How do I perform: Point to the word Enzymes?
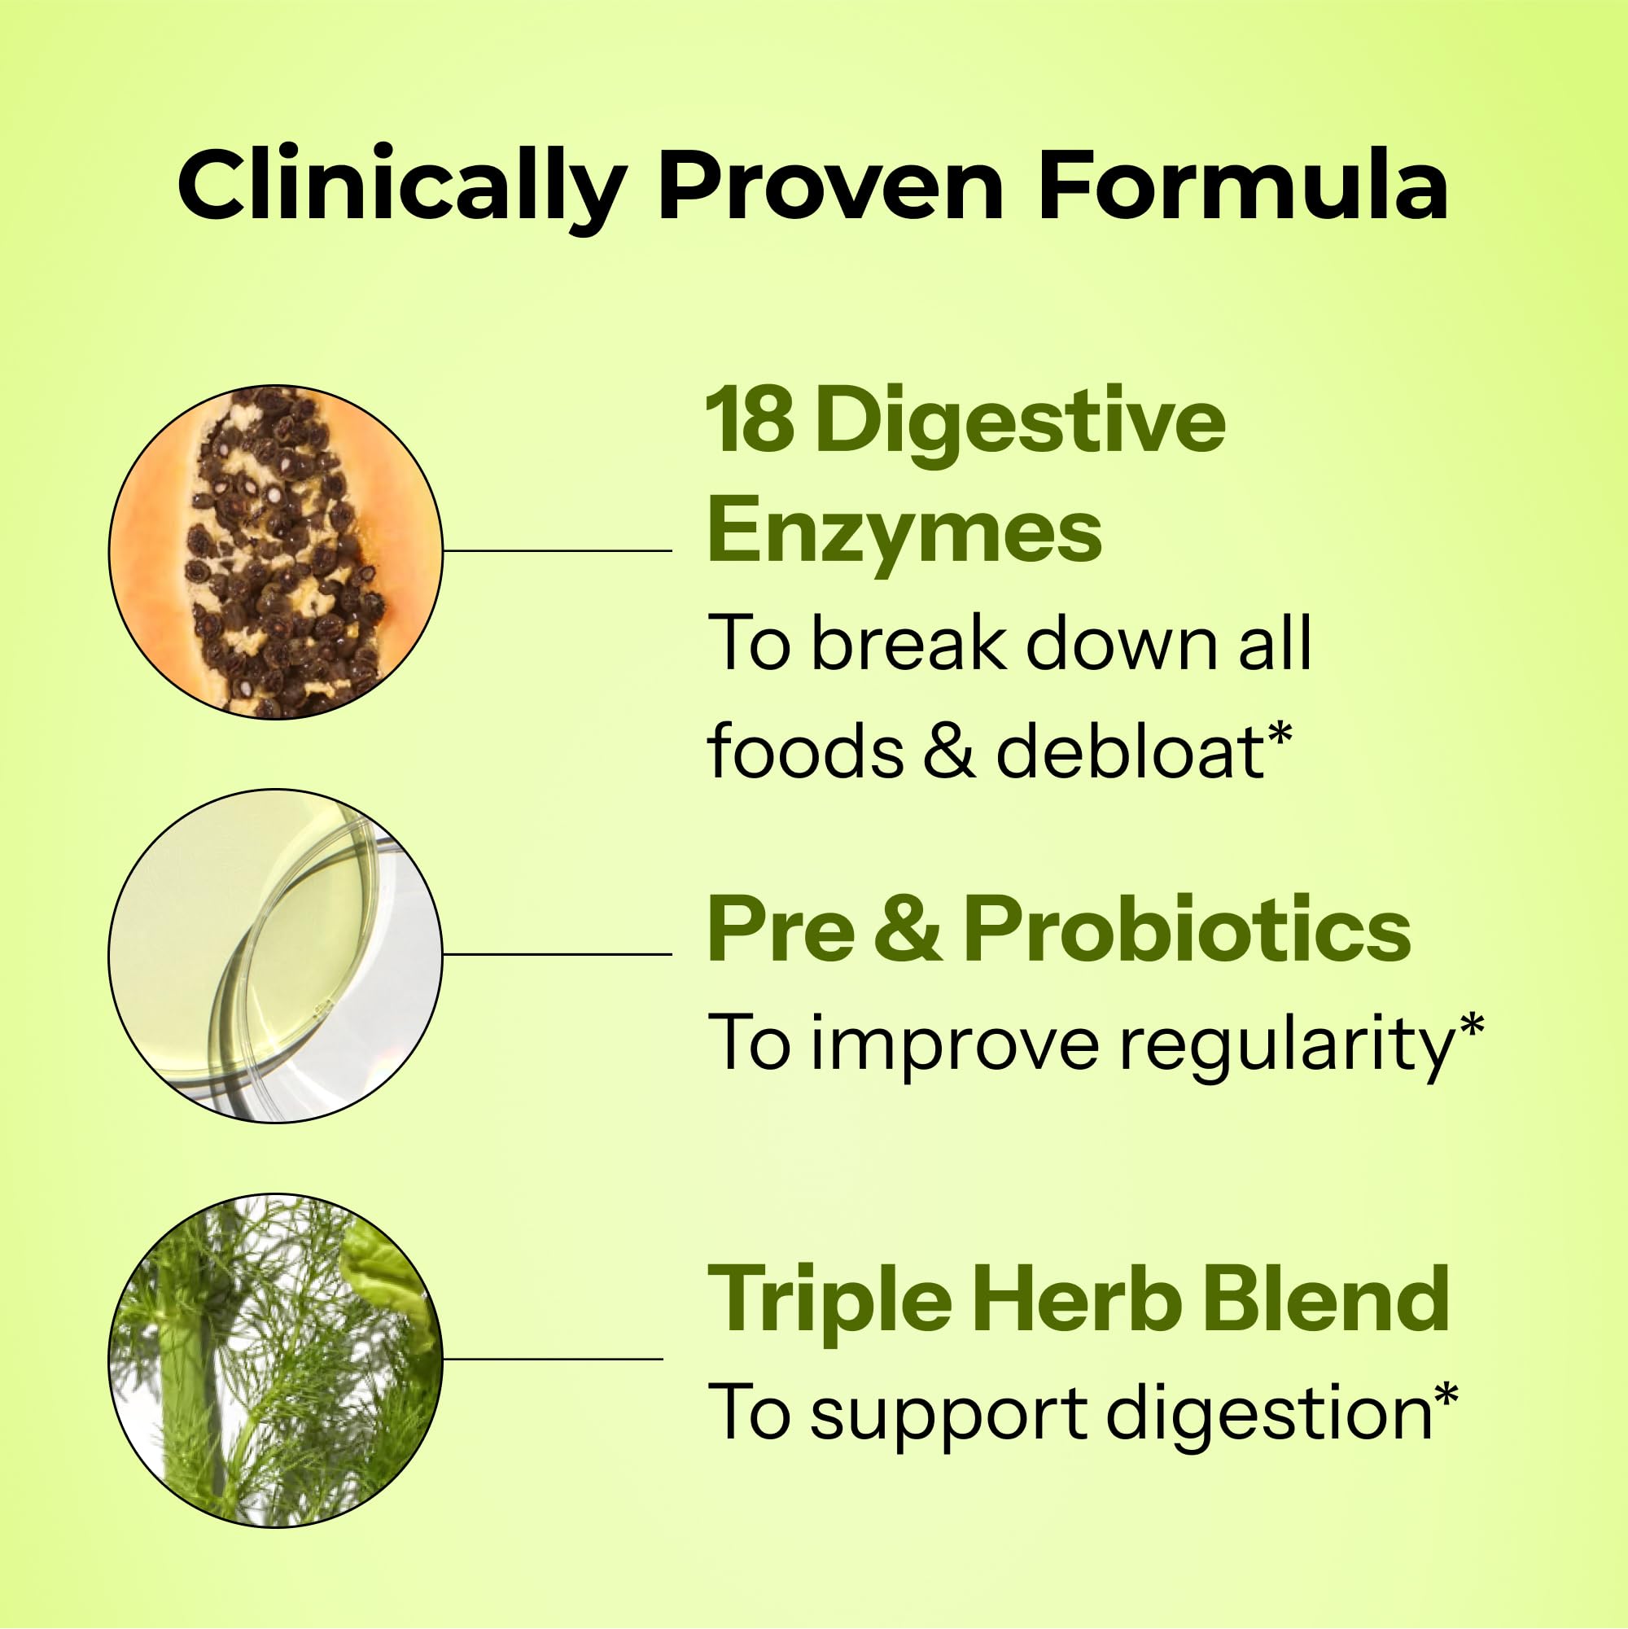tap(904, 529)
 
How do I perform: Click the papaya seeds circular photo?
tap(276, 551)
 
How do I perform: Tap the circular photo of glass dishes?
tap(276, 955)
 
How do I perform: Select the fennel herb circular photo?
tap(276, 1360)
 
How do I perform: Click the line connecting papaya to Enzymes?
tap(558, 550)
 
